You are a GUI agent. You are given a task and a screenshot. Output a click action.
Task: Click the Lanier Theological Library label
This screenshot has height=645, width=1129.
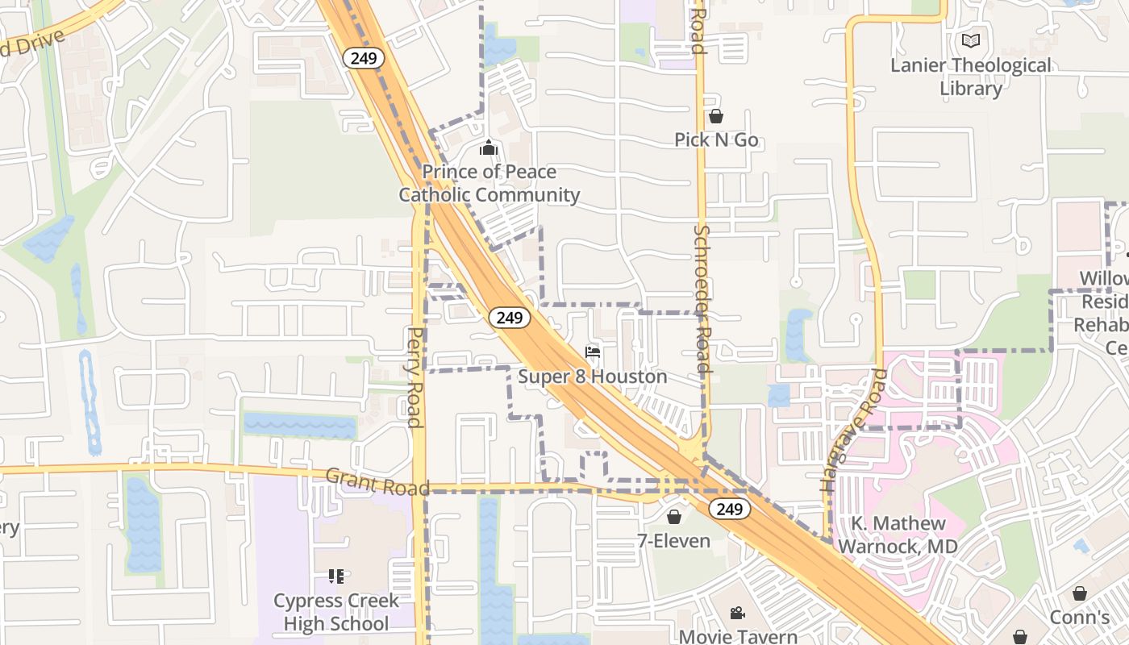[971, 77]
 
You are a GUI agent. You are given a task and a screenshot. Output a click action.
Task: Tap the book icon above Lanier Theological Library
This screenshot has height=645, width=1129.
[971, 40]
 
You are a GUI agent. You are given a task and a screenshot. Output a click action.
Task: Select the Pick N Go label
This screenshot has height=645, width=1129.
[716, 139]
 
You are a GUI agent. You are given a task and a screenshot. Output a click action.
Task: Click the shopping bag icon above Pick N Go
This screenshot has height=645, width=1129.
[716, 116]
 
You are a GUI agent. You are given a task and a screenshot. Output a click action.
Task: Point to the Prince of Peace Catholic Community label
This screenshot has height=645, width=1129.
[489, 183]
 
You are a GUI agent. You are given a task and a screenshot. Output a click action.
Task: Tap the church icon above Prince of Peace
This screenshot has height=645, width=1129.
[489, 148]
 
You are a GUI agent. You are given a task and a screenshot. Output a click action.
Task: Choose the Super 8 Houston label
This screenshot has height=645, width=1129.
[593, 377]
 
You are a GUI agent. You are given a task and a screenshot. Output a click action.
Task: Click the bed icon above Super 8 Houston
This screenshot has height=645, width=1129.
[593, 352]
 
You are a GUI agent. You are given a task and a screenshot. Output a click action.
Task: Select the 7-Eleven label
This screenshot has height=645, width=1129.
[674, 541]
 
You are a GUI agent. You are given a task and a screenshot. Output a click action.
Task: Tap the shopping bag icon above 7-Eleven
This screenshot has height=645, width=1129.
[674, 517]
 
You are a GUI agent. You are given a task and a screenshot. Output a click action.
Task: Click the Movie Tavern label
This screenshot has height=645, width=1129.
[738, 636]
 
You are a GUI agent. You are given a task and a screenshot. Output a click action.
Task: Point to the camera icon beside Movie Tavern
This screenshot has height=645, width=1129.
[737, 614]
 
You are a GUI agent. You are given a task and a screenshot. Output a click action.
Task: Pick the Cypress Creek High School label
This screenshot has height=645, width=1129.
[335, 612]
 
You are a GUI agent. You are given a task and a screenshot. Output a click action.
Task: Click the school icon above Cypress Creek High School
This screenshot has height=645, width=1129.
[335, 576]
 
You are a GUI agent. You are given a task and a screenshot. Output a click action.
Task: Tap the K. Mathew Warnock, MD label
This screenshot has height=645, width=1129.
[898, 535]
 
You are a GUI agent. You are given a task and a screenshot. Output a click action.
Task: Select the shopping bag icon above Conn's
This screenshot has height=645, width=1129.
[1080, 594]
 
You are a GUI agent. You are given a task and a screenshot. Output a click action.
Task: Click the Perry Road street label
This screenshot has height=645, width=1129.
[415, 377]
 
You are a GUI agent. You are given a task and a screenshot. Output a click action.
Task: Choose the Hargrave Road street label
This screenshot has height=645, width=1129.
[854, 431]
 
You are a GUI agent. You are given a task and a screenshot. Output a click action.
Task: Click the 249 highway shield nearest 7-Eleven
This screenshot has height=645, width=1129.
[730, 509]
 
